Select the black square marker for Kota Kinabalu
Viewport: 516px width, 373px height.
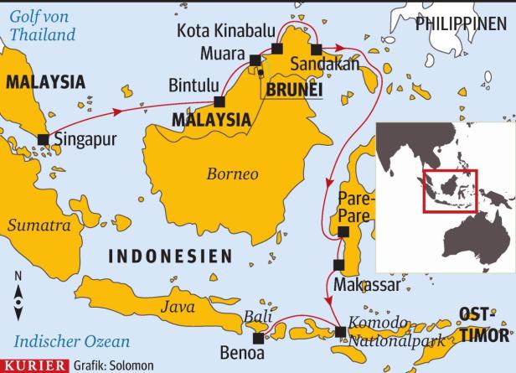coord(277,49)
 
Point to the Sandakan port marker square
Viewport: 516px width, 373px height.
coord(316,49)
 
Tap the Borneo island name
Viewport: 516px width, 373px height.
coord(232,174)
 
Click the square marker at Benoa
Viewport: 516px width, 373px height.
coord(258,338)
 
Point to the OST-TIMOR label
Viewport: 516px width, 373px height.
coord(484,325)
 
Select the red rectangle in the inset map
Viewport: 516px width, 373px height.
coord(449,191)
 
